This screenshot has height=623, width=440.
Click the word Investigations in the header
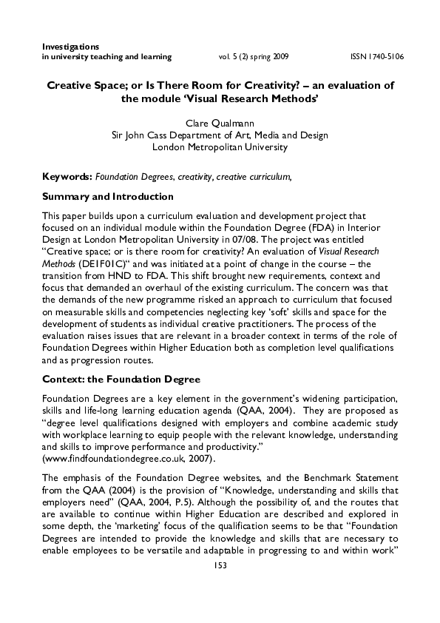72,47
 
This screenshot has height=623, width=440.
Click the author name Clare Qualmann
219,124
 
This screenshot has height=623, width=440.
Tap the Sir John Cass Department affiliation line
219,135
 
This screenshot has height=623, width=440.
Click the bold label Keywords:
67,178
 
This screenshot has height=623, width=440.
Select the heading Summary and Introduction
108,197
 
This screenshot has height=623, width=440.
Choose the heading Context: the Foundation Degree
121,380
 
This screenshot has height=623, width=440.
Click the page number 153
220,586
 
